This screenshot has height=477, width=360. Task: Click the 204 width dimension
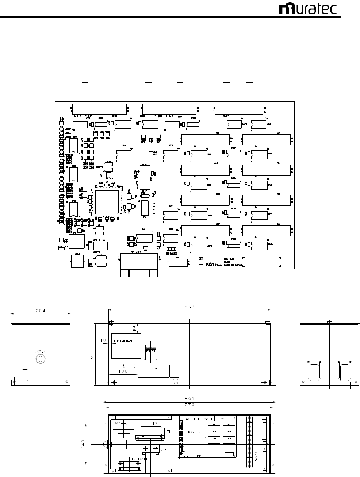coord(41,311)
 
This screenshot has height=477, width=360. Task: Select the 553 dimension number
coord(189,307)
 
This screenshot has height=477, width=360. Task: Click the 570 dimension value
coord(189,405)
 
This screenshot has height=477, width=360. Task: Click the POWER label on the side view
coord(40,351)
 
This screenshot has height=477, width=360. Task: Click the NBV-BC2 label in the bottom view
coord(195,432)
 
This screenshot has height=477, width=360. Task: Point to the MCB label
coord(164,450)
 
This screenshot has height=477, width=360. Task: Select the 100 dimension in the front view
coord(123,371)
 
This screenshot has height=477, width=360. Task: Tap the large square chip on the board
coord(107,201)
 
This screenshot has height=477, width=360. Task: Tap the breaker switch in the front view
coord(150,349)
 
